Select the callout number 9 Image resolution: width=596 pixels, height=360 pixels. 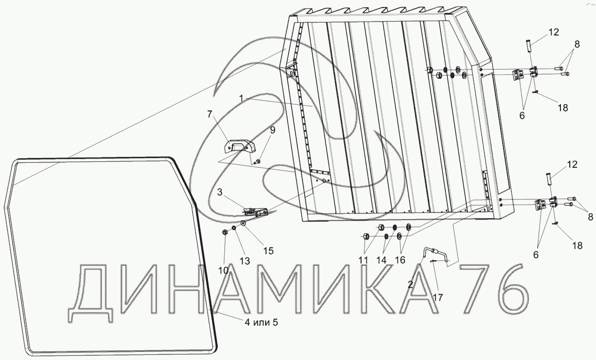[x=273, y=130]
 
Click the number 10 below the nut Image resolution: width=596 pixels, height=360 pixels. [x=223, y=269]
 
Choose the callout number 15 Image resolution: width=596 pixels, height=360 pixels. [x=268, y=251]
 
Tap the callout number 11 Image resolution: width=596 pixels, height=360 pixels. [x=364, y=260]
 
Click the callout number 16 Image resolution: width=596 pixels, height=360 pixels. [x=400, y=260]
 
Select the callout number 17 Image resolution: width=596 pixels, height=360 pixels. [x=438, y=298]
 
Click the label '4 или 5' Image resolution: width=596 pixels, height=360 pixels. [x=261, y=322]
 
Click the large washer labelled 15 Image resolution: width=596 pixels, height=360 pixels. [x=244, y=223]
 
